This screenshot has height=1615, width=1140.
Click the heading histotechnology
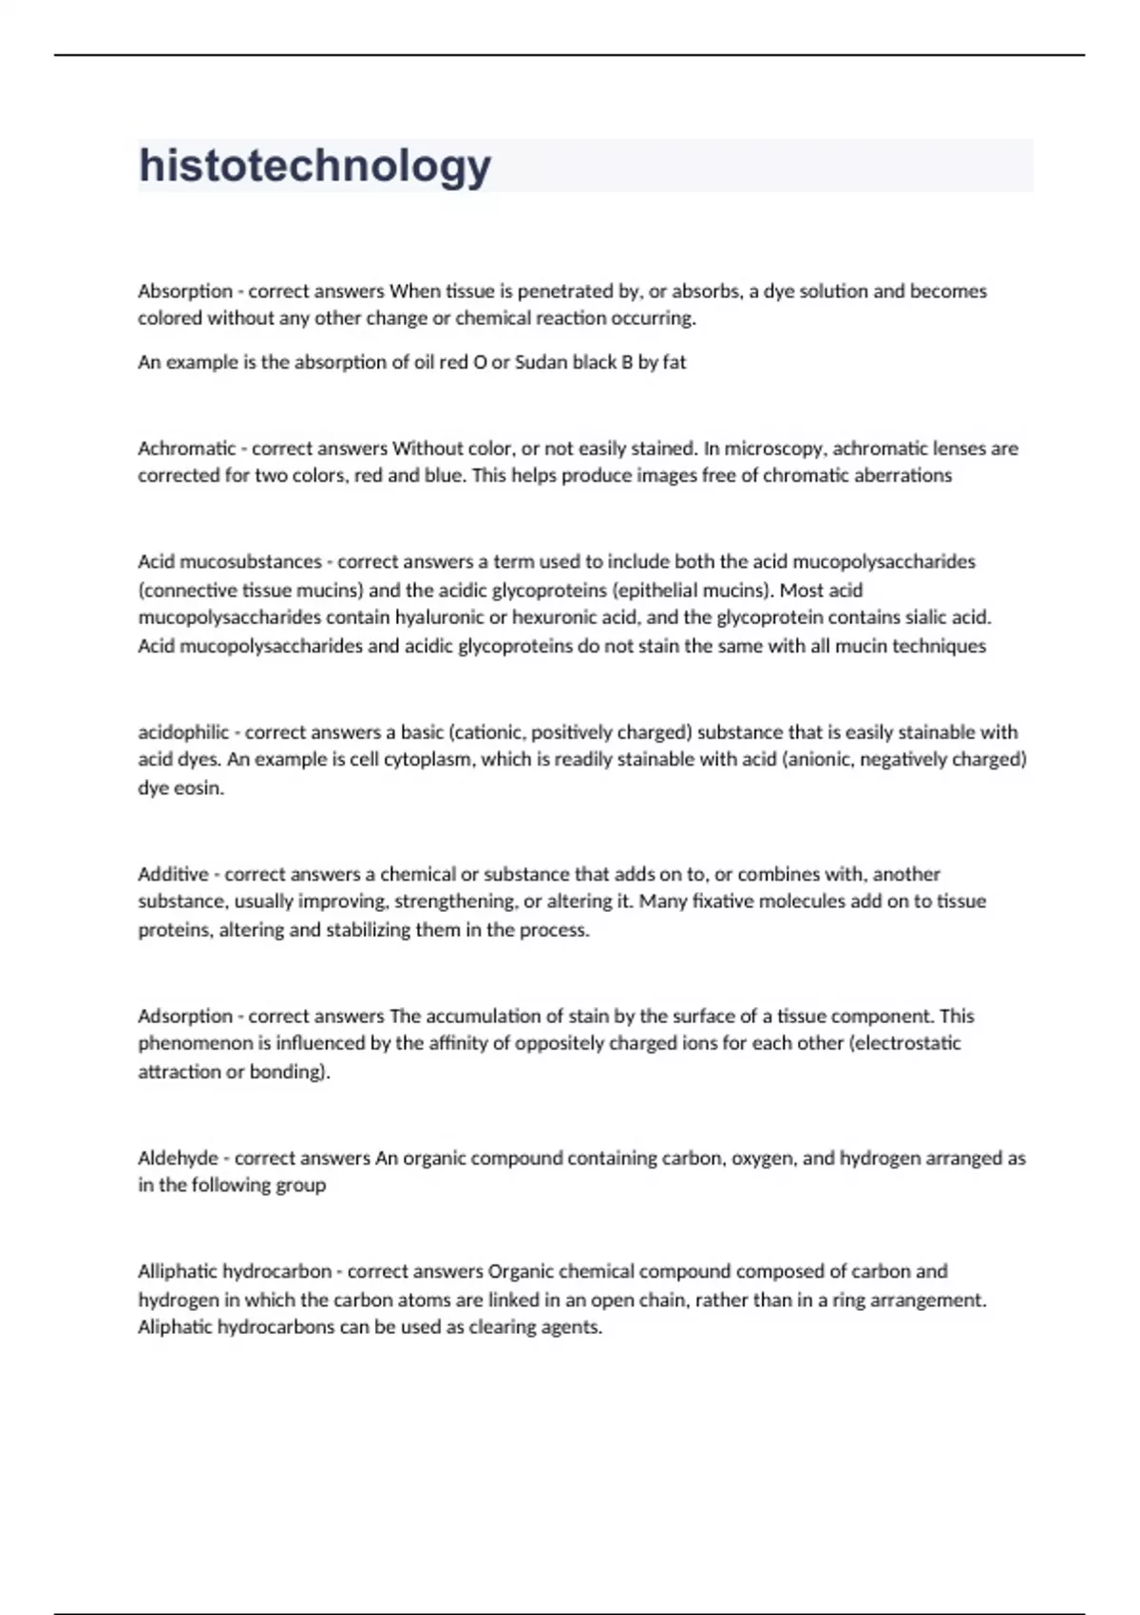[x=314, y=165]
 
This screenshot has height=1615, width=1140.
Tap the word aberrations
[x=901, y=475]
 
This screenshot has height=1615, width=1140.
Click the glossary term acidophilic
[x=183, y=732]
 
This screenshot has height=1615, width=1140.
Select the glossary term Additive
[x=173, y=874]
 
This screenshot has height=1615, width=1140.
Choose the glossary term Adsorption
[x=185, y=1016]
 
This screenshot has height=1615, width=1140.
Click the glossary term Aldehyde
[x=178, y=1158]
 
